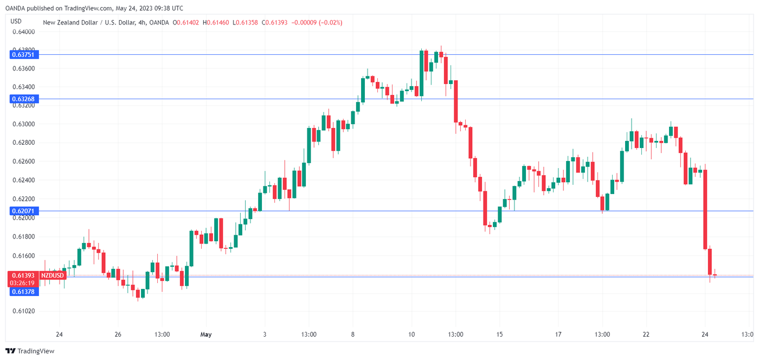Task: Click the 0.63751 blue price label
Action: (x=22, y=54)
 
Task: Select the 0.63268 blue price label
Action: (x=22, y=99)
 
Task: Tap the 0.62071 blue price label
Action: (x=22, y=210)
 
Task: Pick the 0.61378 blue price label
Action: (x=22, y=292)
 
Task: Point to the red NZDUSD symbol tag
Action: (x=53, y=275)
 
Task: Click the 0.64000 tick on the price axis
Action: (x=23, y=31)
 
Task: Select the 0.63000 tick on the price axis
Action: (x=23, y=124)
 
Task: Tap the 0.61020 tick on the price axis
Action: (x=23, y=311)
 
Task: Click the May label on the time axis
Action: (x=205, y=335)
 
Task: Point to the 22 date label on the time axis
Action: (x=646, y=335)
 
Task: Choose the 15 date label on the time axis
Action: (x=499, y=335)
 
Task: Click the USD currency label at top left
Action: (x=16, y=21)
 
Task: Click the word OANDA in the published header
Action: (x=14, y=8)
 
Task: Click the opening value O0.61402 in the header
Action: (x=186, y=22)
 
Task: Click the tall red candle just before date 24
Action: (x=705, y=209)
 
